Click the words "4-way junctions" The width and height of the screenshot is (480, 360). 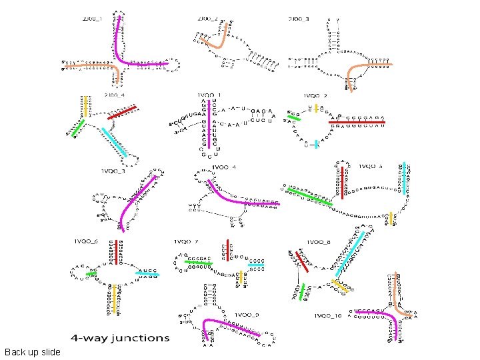121,338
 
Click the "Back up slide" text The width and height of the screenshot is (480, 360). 32,352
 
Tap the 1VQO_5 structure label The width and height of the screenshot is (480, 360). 371,166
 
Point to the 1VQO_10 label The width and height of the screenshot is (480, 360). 328,315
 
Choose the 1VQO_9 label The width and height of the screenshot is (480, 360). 247,314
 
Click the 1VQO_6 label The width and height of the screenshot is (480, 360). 87,241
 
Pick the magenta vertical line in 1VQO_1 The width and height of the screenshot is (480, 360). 211,124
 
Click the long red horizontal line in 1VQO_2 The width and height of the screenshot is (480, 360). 357,123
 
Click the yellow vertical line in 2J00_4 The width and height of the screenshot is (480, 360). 86,106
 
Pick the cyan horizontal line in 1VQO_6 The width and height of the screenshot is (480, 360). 147,273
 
